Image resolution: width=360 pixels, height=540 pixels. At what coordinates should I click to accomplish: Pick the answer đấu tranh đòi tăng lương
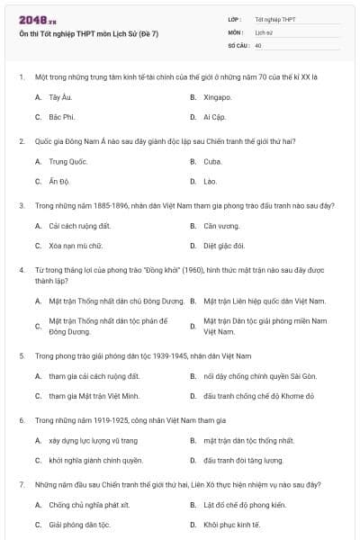(243, 460)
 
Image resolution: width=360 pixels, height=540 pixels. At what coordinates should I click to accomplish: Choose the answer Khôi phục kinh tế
(231, 524)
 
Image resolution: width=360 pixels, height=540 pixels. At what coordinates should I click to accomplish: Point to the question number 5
(21, 355)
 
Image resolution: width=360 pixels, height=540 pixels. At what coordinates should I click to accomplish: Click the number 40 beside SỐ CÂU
(258, 44)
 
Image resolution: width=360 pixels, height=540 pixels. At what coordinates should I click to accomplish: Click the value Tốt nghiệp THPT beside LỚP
(274, 19)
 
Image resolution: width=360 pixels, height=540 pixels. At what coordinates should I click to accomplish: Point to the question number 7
(21, 484)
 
